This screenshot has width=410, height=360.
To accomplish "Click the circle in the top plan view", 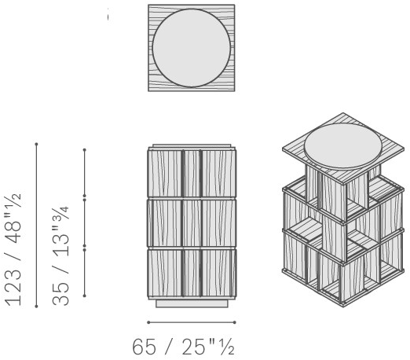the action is [192, 48].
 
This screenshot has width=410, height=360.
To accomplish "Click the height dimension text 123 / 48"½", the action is [13, 249].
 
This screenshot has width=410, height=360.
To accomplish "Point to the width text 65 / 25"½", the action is [183, 347].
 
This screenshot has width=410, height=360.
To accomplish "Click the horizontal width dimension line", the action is [192, 322].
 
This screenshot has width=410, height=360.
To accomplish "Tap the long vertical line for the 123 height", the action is [36, 225].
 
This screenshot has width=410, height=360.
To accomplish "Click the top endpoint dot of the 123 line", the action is [36, 144].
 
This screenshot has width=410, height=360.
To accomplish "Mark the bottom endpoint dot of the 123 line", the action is [36, 306].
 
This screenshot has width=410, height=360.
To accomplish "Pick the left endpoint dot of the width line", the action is [148, 322].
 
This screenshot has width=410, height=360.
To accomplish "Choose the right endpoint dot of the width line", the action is [235, 322].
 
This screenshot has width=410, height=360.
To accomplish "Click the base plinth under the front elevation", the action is [192, 303].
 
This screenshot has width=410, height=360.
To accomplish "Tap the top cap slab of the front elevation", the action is [192, 145].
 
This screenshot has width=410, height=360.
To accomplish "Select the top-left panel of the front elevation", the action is [165, 174].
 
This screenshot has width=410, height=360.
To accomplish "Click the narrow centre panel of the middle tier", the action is [192, 223].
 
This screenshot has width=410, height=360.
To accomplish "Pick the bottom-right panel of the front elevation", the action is [218, 273].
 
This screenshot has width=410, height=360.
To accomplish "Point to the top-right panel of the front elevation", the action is [218, 174].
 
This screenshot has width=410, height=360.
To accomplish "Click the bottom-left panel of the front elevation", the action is [165, 273].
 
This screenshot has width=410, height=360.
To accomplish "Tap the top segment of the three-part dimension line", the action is [84, 173].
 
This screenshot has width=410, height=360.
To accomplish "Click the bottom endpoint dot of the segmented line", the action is [84, 296].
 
